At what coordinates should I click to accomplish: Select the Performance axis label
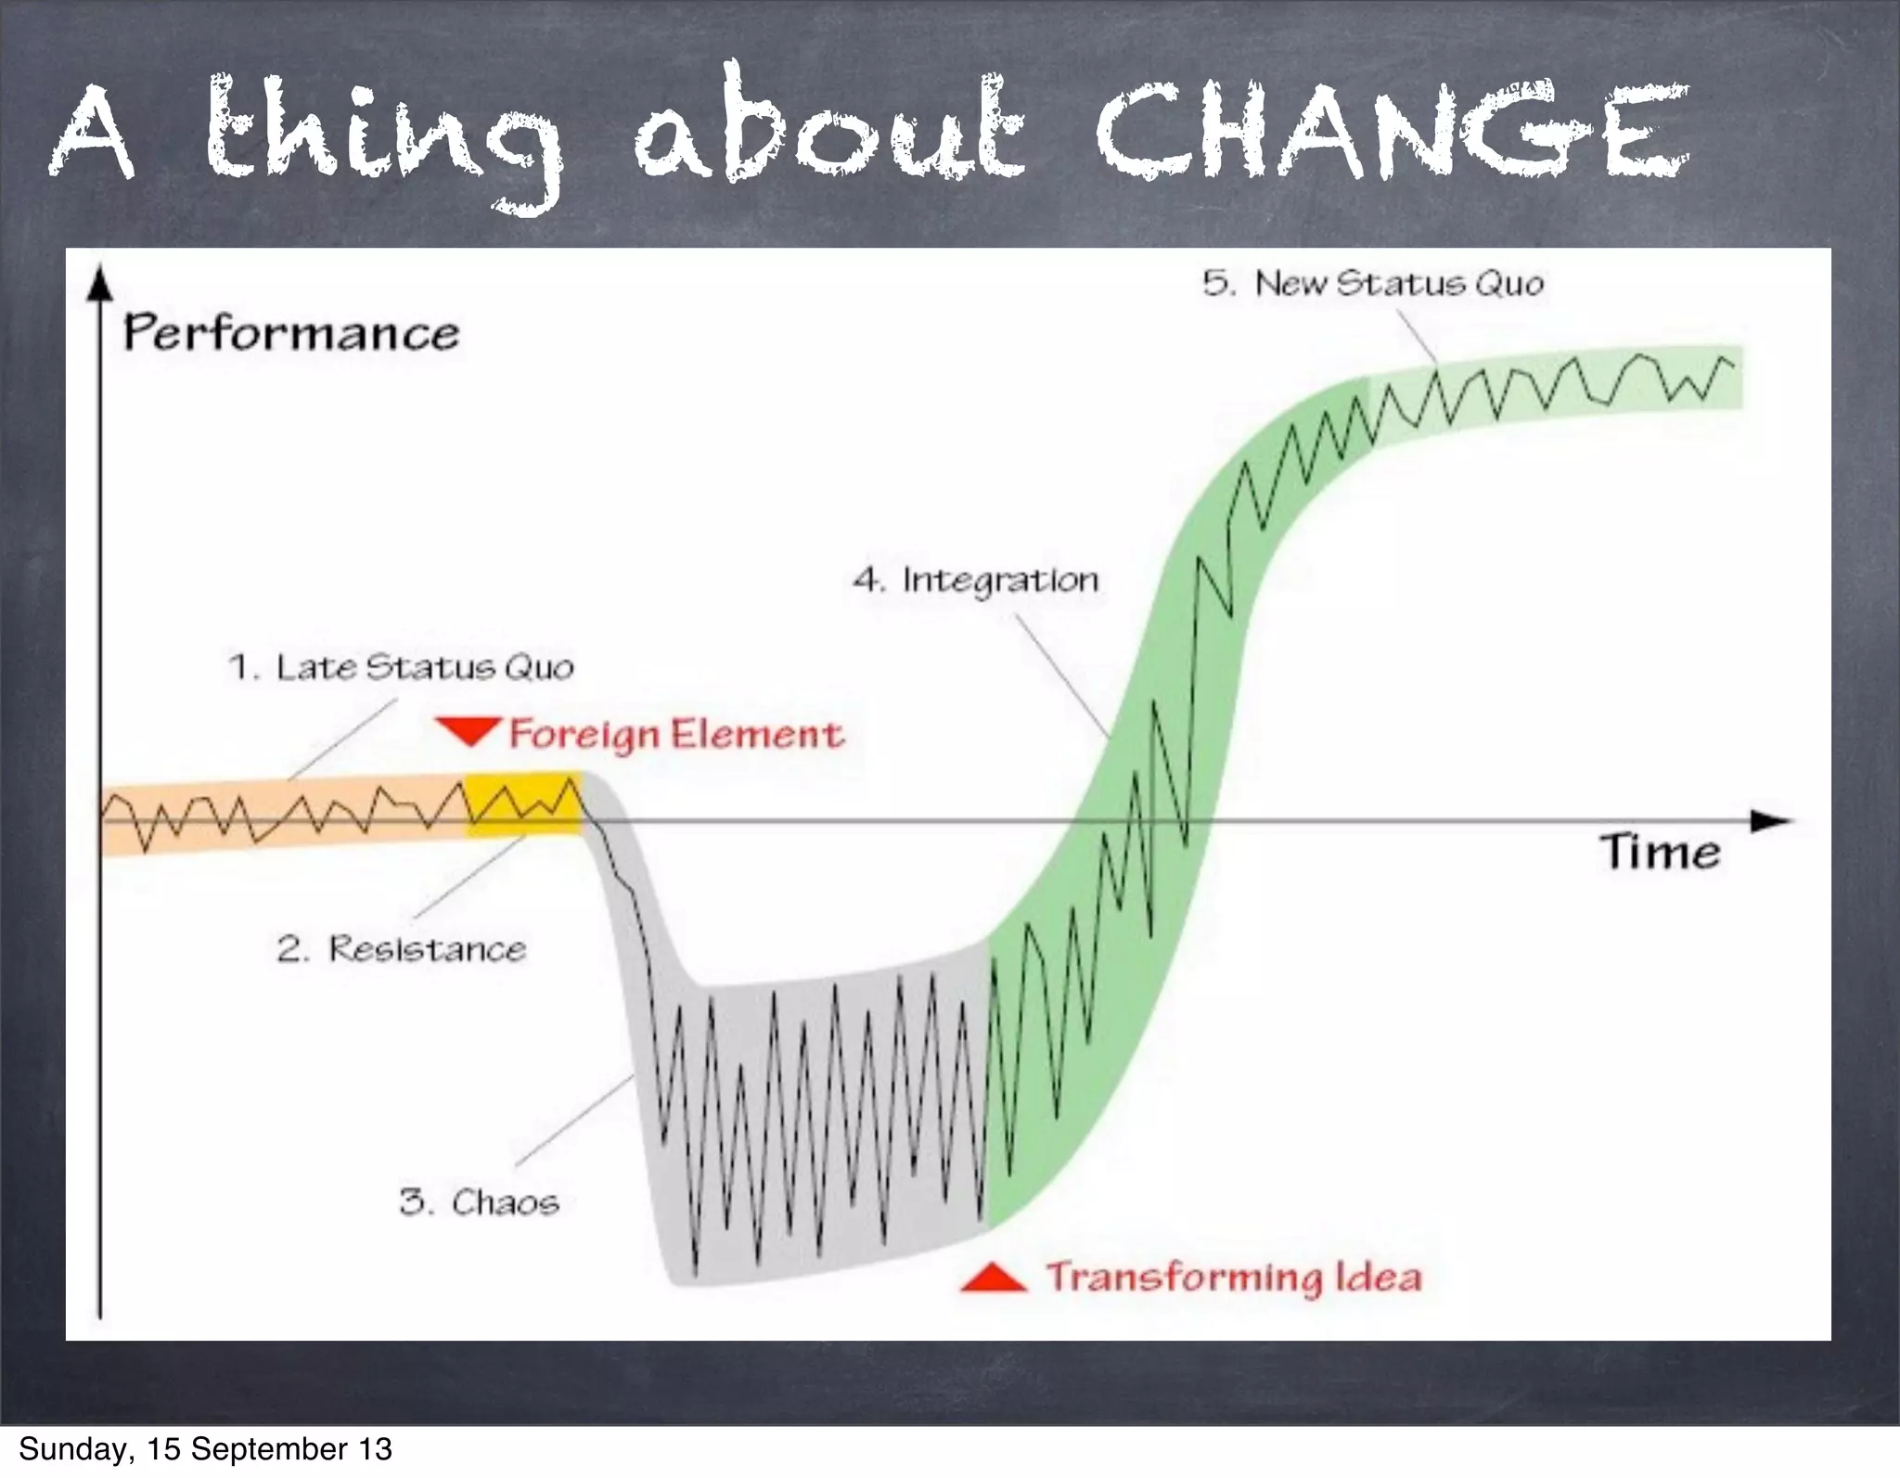pos(291,333)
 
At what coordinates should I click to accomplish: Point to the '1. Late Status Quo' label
pos(401,667)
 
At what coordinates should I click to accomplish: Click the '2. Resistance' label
pos(401,949)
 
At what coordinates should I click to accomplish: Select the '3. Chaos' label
pos(479,1202)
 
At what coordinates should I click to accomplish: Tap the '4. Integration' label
pos(975,581)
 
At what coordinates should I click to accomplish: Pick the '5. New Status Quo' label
pos(1373,283)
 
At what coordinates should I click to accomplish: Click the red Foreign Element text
pos(676,734)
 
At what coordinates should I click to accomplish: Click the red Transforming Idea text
pos(1234,1278)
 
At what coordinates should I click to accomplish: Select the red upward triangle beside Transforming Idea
pos(993,1279)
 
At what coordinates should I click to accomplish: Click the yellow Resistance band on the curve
pos(523,803)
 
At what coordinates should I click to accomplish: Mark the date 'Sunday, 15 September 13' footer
pos(205,1449)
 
